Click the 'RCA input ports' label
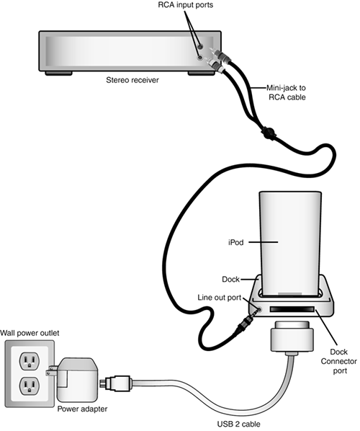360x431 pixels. coord(186,5)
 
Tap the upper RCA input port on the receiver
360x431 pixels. coord(200,46)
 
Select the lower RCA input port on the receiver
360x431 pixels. coord(200,58)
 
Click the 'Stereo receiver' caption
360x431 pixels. coord(132,80)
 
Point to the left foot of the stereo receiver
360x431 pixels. coord(58,74)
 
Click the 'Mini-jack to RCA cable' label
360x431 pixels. coord(287,93)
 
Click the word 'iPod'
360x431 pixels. coord(236,242)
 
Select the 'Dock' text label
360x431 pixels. coord(230,279)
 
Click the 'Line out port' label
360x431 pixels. coord(219,298)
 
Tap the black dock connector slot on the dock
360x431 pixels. coord(292,309)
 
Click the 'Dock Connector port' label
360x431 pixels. coord(339,361)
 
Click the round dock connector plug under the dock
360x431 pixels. coord(292,337)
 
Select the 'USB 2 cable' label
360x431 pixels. coord(238,424)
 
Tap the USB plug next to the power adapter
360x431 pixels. coord(116,382)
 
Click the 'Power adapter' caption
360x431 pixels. coord(82,409)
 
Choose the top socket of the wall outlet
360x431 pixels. coord(29,360)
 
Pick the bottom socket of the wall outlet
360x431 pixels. coord(29,386)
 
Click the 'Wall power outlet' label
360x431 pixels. coord(30,333)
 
